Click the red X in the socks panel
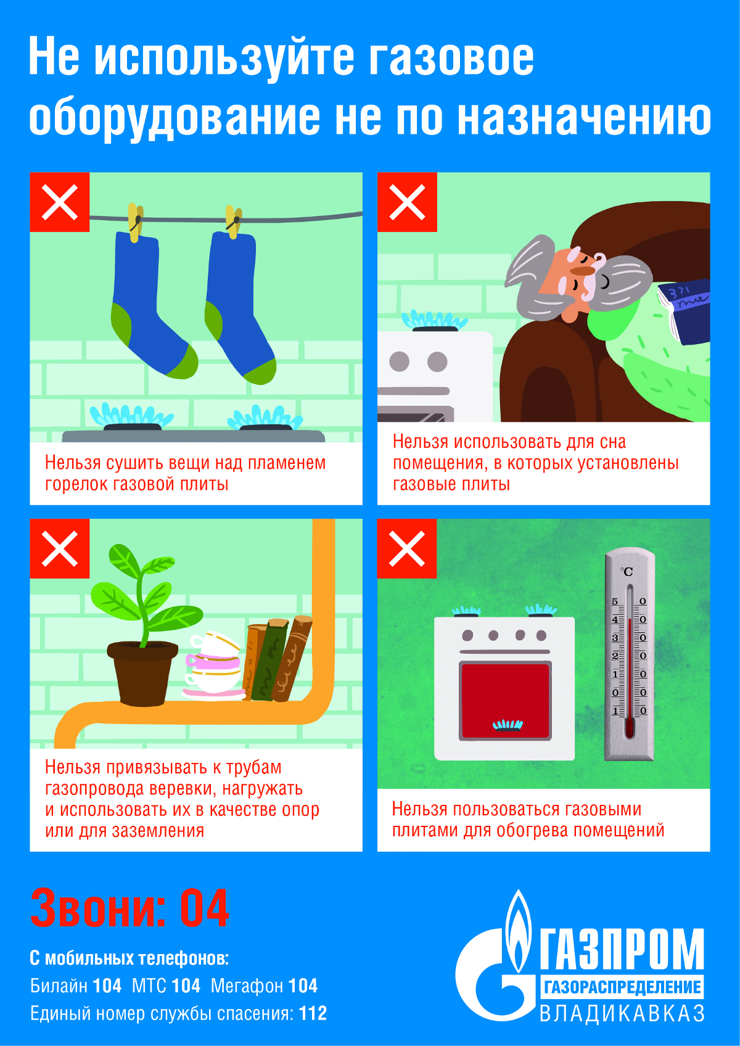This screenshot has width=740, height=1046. (60, 202)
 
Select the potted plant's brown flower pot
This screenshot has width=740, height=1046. (142, 673)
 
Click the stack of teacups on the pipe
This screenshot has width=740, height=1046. (214, 666)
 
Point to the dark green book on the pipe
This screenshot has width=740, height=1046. (269, 660)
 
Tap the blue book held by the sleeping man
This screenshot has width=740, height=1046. (684, 311)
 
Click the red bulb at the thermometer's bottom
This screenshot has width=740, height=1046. (630, 728)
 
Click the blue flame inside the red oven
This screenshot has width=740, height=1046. (508, 725)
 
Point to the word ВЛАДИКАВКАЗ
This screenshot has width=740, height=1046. (622, 1014)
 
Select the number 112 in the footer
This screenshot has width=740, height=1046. (313, 1013)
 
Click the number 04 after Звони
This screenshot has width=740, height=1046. (205, 908)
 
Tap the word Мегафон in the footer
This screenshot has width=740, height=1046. (247, 986)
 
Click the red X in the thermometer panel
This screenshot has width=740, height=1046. (407, 548)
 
